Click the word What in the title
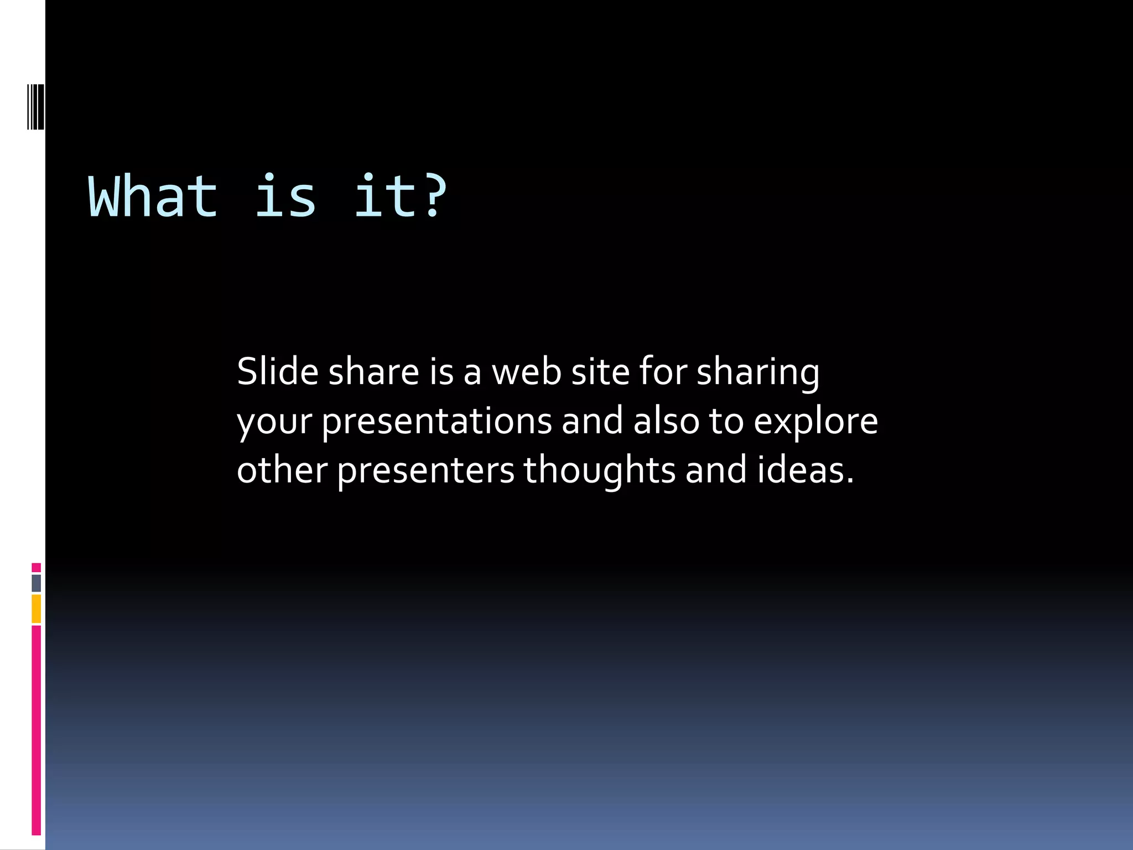pyautogui.click(x=153, y=196)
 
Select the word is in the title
pyautogui.click(x=285, y=196)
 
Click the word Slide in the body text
pyautogui.click(x=277, y=371)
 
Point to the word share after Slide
pyautogui.click(x=373, y=371)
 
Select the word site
pyautogui.click(x=600, y=371)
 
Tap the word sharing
pyautogui.click(x=757, y=372)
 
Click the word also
pyautogui.click(x=666, y=421)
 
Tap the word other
pyautogui.click(x=282, y=470)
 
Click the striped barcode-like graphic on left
pyautogui.click(x=35, y=106)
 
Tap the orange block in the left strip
pyautogui.click(x=36, y=609)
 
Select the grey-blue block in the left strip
pyautogui.click(x=36, y=583)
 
